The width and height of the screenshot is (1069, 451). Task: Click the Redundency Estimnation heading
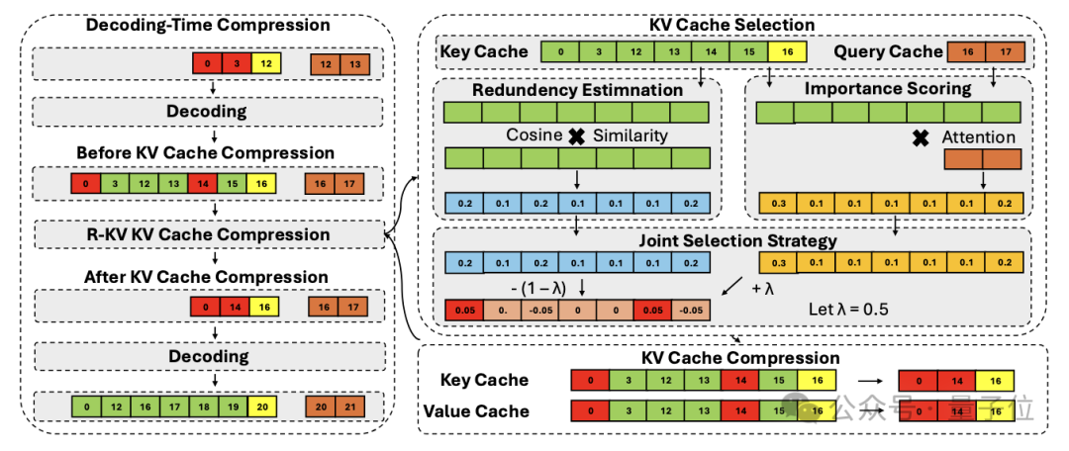click(577, 89)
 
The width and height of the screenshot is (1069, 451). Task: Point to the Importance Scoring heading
click(887, 89)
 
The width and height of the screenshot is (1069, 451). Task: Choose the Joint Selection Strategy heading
click(738, 239)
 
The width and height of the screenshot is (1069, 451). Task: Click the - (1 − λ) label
click(540, 288)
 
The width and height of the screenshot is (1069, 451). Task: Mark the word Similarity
click(631, 135)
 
